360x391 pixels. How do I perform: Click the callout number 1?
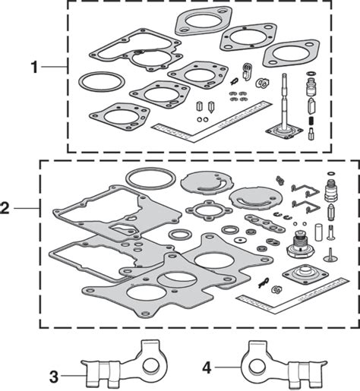pos(34,68)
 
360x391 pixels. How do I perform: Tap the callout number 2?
pos(5,208)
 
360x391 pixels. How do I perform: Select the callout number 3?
pos(53,377)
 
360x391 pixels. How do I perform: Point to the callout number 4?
pos(207,367)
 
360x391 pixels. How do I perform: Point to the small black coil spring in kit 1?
pos(311,121)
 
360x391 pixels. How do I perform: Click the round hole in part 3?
pos(151,366)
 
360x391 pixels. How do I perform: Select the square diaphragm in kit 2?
pos(305,273)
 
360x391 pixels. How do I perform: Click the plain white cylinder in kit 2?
pos(319,232)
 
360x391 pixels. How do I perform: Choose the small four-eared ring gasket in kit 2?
pos(188,210)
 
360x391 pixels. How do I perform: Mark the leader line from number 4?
pos(227,367)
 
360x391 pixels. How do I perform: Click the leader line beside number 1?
pos(54,67)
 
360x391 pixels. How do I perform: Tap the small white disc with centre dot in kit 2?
pos(239,239)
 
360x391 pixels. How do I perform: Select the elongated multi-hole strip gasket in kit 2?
pos(265,223)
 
